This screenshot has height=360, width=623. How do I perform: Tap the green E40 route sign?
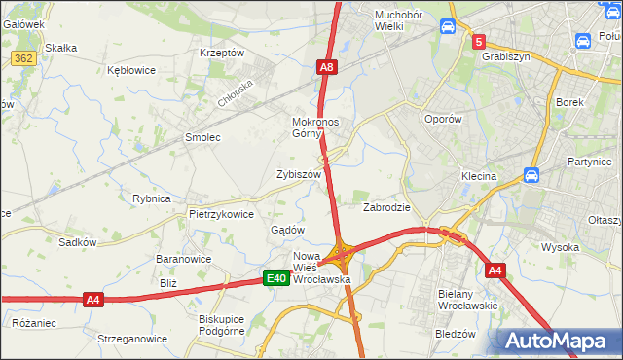coord(277,279)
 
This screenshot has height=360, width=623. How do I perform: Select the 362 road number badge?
coord(25,60)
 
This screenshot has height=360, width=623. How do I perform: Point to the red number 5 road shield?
coord(478,42)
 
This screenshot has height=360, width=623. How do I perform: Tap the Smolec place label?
coord(202,138)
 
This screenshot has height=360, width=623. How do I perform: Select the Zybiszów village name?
coord(299,174)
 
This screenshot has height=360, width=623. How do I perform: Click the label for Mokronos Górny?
coord(314,128)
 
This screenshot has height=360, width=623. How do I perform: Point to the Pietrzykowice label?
coord(222,214)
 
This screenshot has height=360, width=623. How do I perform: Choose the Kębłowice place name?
coord(132,71)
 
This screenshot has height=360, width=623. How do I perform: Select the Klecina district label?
coord(479,177)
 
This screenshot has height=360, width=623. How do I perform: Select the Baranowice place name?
coord(185,260)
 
